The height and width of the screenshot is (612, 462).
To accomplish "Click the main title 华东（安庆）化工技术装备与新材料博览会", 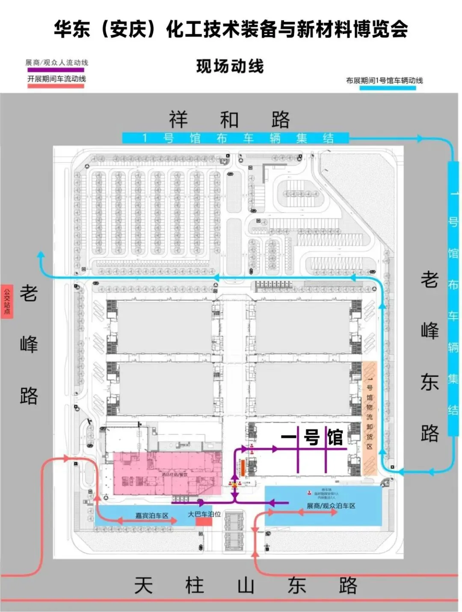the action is (x=231, y=30).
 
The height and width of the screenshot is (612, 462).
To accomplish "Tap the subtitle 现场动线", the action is (x=230, y=66).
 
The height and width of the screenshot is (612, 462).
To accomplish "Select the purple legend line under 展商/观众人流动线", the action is (x=56, y=70).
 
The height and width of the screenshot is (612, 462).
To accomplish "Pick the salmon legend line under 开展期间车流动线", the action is (x=56, y=86).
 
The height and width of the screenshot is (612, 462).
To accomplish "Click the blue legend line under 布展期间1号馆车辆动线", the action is (x=388, y=88).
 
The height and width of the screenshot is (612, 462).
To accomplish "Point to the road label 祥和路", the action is (x=229, y=119).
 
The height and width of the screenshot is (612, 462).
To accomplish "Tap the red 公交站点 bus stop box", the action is (x=7, y=301).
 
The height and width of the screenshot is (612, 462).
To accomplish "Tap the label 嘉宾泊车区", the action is (x=152, y=516).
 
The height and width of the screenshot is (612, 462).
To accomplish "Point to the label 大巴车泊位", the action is (x=204, y=514).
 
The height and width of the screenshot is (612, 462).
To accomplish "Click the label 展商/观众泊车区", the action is (x=331, y=506).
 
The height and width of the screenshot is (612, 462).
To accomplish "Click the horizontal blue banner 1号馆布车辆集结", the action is (x=235, y=138).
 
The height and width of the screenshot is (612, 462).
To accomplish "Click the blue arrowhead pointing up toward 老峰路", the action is (x=41, y=255).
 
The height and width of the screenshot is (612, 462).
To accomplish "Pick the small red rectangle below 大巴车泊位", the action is (x=204, y=522).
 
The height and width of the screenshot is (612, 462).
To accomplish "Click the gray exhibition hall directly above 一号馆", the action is (x=303, y=388).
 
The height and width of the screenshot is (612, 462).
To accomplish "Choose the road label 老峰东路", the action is (x=429, y=355).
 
